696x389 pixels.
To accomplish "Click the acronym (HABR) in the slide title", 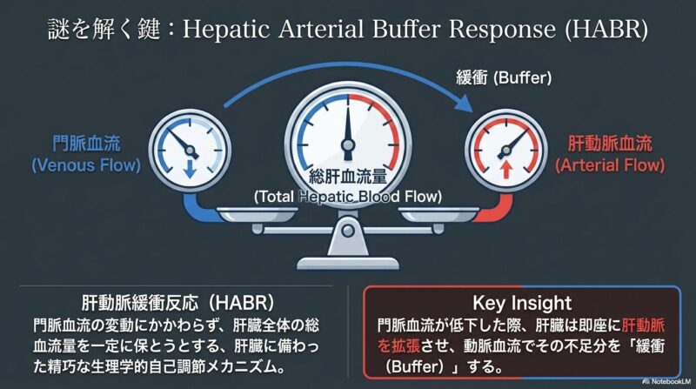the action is click(606, 30).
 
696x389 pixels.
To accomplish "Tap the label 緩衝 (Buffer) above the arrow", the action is click(504, 78).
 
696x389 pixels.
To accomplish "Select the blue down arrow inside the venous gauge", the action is click(190, 169).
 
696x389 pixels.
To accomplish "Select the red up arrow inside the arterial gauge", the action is click(505, 169).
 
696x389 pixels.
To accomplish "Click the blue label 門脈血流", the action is click(86, 144).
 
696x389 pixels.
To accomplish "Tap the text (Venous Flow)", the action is click(86, 165).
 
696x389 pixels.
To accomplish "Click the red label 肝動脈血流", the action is click(610, 144).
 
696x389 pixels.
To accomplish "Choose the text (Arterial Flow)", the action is click(610, 165).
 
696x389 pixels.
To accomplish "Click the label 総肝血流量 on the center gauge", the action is click(347, 177).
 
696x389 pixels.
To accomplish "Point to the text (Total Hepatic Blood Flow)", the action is click(347, 197).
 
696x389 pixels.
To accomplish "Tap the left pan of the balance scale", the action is click(258, 215).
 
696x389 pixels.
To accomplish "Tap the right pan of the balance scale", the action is click(439, 215).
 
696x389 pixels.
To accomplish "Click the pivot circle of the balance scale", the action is click(348, 230).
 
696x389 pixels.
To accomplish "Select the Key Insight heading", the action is click(522, 304).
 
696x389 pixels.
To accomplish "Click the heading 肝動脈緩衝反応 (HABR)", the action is click(178, 304).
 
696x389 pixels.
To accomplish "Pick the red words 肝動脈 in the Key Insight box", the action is click(643, 325).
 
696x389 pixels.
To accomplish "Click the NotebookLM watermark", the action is click(666, 381).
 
